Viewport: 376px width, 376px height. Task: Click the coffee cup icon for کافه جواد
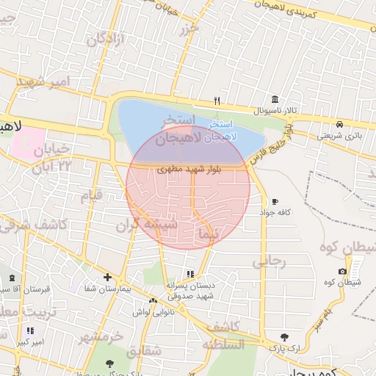pyautogui.click(x=275, y=201)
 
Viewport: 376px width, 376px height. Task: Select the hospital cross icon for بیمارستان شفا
pyautogui.click(x=108, y=277)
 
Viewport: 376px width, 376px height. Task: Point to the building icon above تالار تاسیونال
pyautogui.click(x=275, y=99)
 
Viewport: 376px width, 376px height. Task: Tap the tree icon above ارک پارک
pyautogui.click(x=284, y=336)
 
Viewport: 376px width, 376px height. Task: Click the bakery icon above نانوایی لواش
pyautogui.click(x=153, y=301)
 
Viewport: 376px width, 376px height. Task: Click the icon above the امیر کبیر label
pyautogui.click(x=30, y=331)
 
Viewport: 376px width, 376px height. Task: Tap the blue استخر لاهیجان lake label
pyautogui.click(x=221, y=131)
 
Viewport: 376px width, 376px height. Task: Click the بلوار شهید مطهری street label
pyautogui.click(x=184, y=169)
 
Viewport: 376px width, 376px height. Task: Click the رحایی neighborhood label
pyautogui.click(x=269, y=261)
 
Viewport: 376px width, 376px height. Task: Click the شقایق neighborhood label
pyautogui.click(x=144, y=352)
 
